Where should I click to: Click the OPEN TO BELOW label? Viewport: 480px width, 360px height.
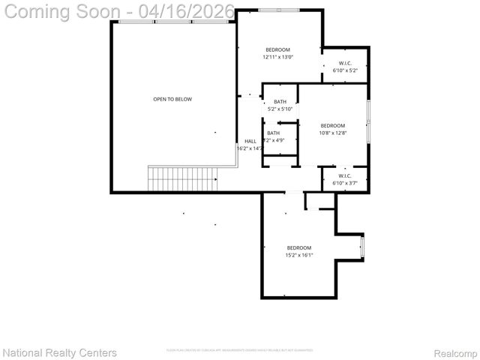pyautogui.click(x=172, y=99)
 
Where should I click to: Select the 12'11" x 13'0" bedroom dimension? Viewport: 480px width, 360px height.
pyautogui.click(x=277, y=57)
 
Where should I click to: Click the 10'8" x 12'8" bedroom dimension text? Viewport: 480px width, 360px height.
pyautogui.click(x=332, y=133)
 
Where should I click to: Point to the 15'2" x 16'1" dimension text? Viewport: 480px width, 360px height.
pyautogui.click(x=298, y=255)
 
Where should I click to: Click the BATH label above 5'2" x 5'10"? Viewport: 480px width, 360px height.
pyautogui.click(x=280, y=102)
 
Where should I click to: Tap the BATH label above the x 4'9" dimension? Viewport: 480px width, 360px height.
pyautogui.click(x=273, y=133)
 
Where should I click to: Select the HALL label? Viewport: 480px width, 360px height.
pyautogui.click(x=250, y=141)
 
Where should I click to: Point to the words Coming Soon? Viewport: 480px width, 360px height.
pyautogui.click(x=63, y=12)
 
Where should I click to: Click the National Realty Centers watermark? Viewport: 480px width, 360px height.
pyautogui.click(x=60, y=352)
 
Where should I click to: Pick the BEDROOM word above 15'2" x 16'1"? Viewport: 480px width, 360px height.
pyautogui.click(x=298, y=247)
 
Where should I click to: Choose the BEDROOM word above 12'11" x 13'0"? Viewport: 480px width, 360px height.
pyautogui.click(x=277, y=49)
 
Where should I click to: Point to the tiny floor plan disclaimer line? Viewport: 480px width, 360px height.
pyautogui.click(x=239, y=350)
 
